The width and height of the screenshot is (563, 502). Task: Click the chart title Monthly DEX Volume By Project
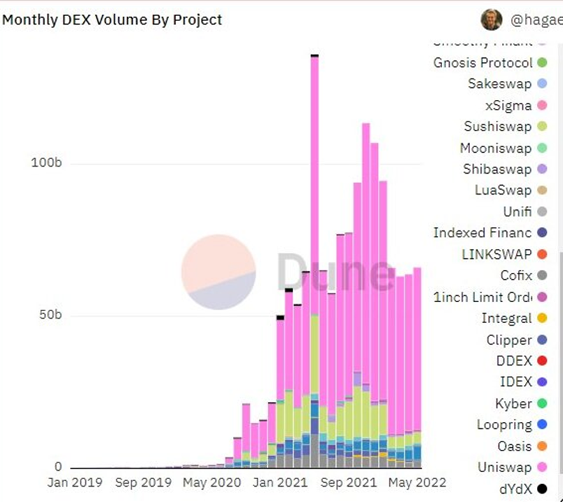tap(112, 20)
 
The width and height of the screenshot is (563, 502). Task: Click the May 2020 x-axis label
tap(212, 482)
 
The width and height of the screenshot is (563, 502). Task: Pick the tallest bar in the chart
tap(314, 254)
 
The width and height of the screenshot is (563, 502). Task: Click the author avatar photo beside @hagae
tap(491, 20)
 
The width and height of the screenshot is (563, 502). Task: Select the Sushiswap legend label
tap(497, 127)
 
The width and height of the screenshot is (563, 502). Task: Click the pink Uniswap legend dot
tap(542, 468)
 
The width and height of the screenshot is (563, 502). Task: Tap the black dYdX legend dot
tap(542, 489)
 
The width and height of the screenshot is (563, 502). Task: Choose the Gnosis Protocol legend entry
tap(483, 62)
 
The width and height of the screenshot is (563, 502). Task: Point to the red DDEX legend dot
tap(542, 361)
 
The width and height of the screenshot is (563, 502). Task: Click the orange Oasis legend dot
tap(542, 447)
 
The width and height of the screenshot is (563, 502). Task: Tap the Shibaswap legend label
tap(497, 169)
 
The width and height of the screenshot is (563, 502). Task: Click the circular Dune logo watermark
tap(218, 272)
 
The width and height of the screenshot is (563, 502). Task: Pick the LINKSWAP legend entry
tap(496, 254)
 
